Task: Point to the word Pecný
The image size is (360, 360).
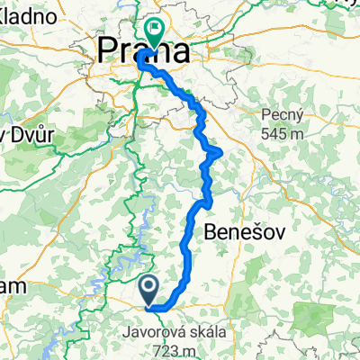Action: pos(279,114)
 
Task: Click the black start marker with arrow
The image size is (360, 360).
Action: pos(150,290)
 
